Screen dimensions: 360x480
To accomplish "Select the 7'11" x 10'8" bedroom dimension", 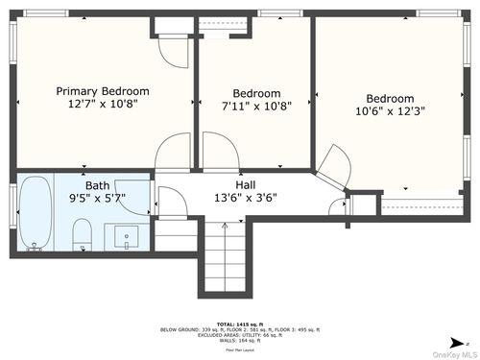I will pos(255,107).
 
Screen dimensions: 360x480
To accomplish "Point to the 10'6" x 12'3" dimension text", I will pos(389,111).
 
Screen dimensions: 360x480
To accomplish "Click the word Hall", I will pos(245,184).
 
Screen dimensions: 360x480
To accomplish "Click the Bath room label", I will pos(97,185).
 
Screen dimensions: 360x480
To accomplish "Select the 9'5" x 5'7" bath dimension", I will pos(97,199).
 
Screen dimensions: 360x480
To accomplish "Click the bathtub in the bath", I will pos(35,214).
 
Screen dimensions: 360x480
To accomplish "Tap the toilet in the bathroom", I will pos(83,234).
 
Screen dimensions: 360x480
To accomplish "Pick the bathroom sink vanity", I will pos(127,234).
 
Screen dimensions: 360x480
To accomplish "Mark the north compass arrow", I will pos(464,340).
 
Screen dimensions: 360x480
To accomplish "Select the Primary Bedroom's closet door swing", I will pos(173,51).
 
